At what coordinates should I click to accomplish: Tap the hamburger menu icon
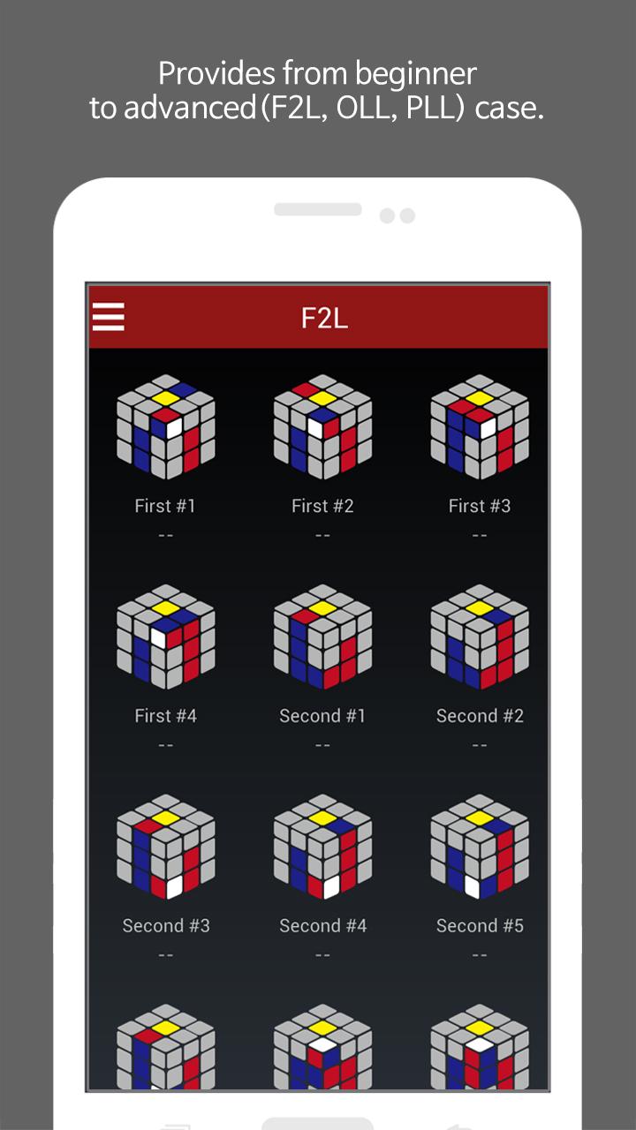108,317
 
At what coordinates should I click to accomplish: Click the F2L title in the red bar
324,319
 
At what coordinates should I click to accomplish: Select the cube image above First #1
166,426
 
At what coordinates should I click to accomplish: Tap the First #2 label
322,506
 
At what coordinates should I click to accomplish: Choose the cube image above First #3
480,426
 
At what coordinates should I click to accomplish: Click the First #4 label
165,716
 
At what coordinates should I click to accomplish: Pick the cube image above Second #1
323,637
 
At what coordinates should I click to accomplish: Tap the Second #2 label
480,716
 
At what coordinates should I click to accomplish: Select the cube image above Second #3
166,847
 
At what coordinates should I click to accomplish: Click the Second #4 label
323,926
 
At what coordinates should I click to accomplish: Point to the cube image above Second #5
480,847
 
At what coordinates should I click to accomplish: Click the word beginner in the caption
415,74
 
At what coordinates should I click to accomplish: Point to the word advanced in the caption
190,108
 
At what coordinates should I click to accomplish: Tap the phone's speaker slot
318,209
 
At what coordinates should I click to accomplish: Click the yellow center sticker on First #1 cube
165,398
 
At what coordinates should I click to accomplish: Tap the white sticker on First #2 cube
316,429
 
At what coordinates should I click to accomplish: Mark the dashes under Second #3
165,955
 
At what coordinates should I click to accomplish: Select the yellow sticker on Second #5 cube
480,817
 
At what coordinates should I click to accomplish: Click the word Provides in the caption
217,74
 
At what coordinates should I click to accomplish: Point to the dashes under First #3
480,535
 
